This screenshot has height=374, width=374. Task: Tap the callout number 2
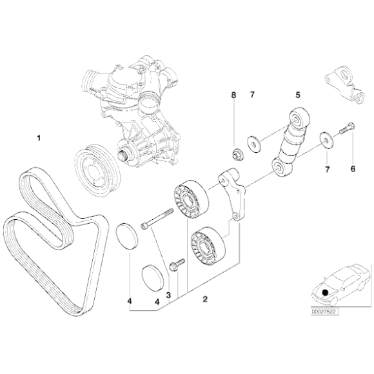(x=204, y=299)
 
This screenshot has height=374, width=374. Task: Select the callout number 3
(x=168, y=296)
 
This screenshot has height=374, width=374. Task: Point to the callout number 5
(x=297, y=95)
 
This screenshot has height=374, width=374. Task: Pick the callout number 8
(x=234, y=95)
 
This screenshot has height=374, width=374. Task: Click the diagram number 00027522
(x=323, y=311)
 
